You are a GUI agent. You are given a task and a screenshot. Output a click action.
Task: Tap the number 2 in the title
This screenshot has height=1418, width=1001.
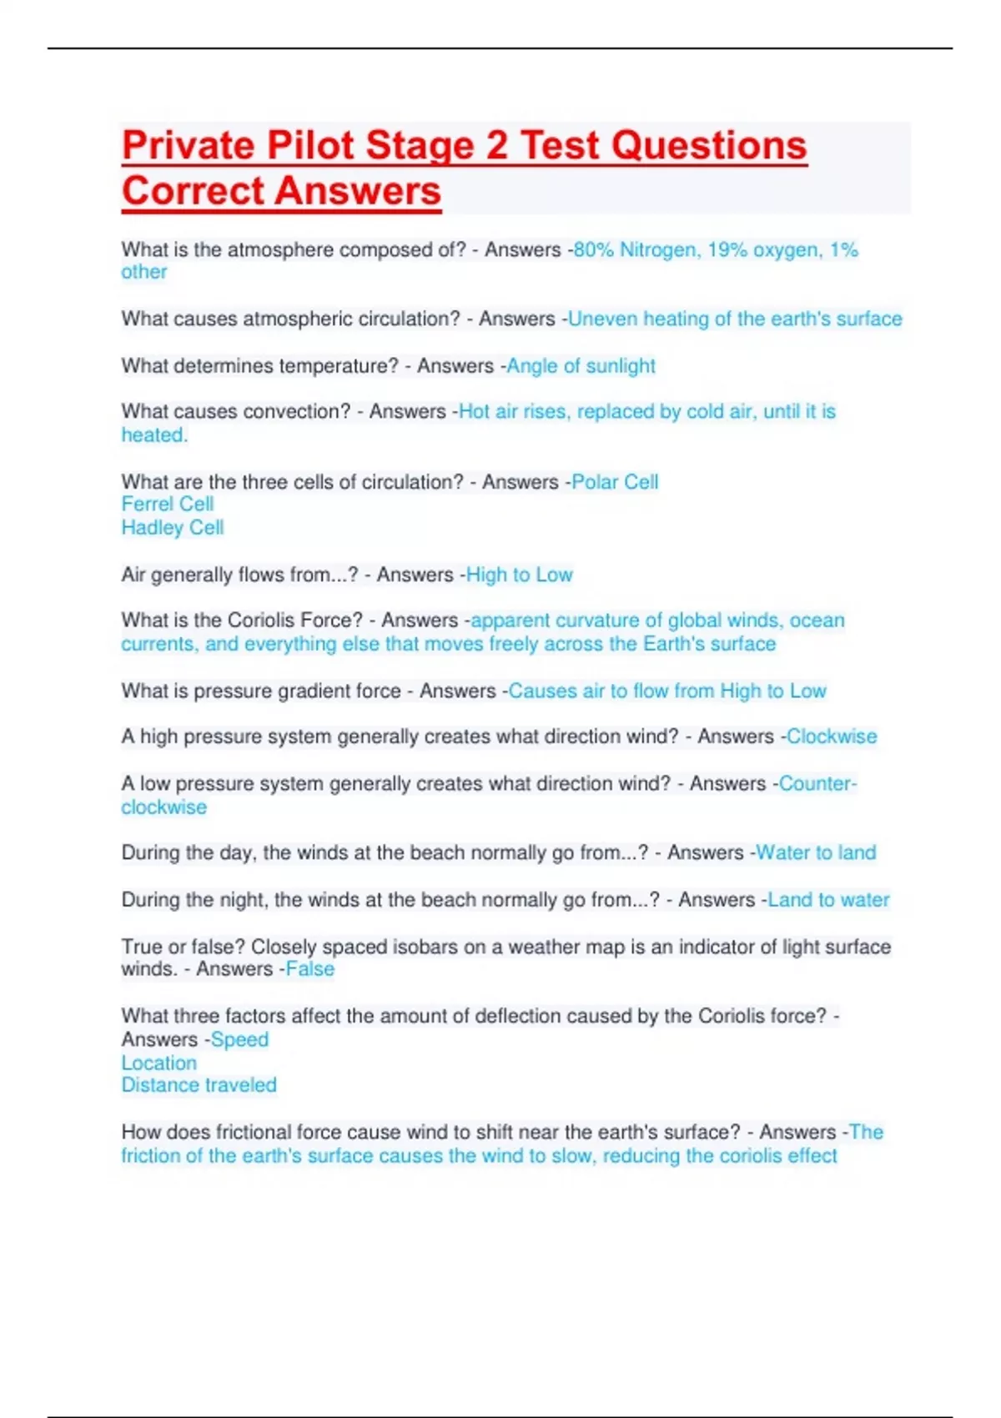[496, 146]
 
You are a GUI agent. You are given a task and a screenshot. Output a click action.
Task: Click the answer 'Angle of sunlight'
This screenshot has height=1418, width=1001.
[581, 366]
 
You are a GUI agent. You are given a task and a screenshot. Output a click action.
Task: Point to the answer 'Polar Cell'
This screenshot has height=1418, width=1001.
[615, 482]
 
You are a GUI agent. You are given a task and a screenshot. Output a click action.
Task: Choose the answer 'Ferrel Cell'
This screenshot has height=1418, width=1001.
[168, 505]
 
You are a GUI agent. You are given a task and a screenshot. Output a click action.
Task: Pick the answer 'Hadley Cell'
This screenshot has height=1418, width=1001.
[173, 528]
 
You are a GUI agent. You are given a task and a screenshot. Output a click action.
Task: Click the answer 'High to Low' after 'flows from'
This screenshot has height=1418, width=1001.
[519, 575]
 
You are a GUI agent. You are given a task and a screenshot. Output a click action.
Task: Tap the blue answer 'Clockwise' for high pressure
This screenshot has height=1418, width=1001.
[832, 737]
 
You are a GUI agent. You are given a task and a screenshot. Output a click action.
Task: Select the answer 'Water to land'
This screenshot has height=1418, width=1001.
[816, 852]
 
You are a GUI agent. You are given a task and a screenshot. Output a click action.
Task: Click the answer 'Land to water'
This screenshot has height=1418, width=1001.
[828, 900]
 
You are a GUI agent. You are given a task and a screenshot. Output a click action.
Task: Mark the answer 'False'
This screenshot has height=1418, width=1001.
[310, 969]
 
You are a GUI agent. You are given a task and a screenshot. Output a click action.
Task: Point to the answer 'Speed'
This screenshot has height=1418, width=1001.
[240, 1040]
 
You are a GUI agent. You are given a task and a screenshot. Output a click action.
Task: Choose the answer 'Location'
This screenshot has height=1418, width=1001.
[159, 1063]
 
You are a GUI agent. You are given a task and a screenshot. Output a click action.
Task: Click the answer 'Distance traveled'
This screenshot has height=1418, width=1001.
[199, 1085]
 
